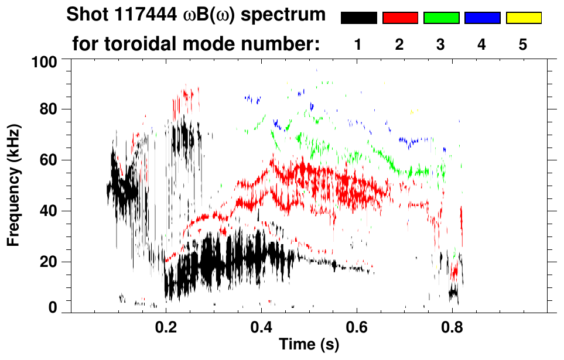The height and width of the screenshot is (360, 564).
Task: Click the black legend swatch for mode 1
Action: click(x=359, y=18)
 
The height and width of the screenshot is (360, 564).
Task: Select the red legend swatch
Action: click(x=400, y=18)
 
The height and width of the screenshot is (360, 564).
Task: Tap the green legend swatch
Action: click(x=441, y=18)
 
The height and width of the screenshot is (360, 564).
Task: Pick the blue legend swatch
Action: click(x=482, y=18)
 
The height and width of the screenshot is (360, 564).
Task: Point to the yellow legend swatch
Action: click(x=524, y=18)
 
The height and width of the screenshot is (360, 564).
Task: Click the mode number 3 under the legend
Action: click(x=441, y=44)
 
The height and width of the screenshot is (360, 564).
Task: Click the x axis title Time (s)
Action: click(x=309, y=345)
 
